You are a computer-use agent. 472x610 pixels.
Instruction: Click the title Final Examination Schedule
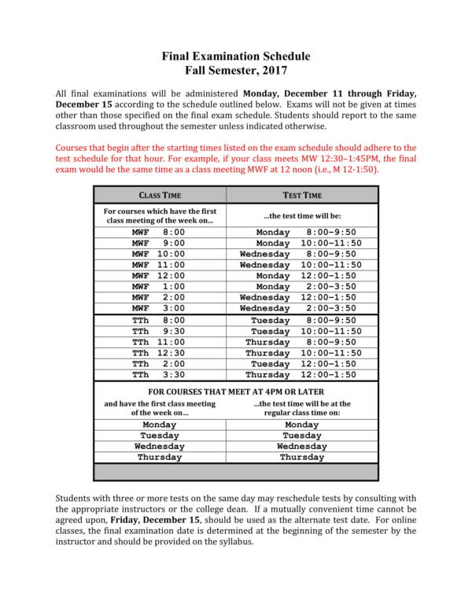point(236,57)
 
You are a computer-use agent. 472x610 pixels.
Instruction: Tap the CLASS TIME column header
point(160,195)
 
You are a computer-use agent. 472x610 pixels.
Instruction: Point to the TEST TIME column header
point(302,195)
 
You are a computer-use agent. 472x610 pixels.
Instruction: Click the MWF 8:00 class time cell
point(159,233)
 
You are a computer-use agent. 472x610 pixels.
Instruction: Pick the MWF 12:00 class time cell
point(159,277)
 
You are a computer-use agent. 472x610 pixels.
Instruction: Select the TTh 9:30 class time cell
point(159,332)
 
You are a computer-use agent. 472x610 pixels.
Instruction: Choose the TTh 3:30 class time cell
point(159,376)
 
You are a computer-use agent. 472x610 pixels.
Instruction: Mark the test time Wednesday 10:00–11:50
point(301,266)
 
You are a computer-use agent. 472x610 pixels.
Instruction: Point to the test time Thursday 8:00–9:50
point(301,343)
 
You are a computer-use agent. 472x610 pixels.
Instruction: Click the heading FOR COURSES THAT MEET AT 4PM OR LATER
point(236,391)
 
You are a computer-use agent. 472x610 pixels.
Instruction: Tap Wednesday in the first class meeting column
point(160,446)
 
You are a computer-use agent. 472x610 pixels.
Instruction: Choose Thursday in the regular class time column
point(302,457)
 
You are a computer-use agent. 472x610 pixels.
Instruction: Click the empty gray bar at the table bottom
point(236,472)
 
